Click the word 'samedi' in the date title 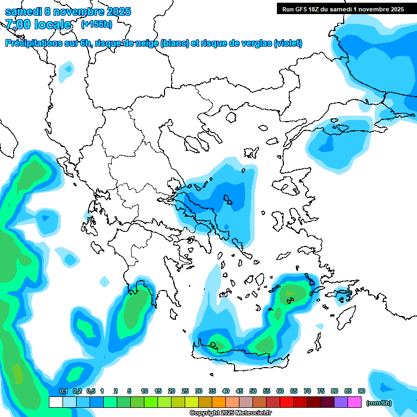click(22, 11)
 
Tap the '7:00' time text click(18, 24)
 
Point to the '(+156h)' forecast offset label click(96, 24)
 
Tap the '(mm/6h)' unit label click(379, 403)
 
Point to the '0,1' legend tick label click(64, 391)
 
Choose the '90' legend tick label click(362, 391)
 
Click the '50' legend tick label click(253, 391)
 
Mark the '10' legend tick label click(144, 391)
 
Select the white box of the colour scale click(55, 402)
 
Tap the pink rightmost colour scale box click(355, 402)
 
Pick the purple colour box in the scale click(341, 402)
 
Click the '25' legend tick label click(185, 391)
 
